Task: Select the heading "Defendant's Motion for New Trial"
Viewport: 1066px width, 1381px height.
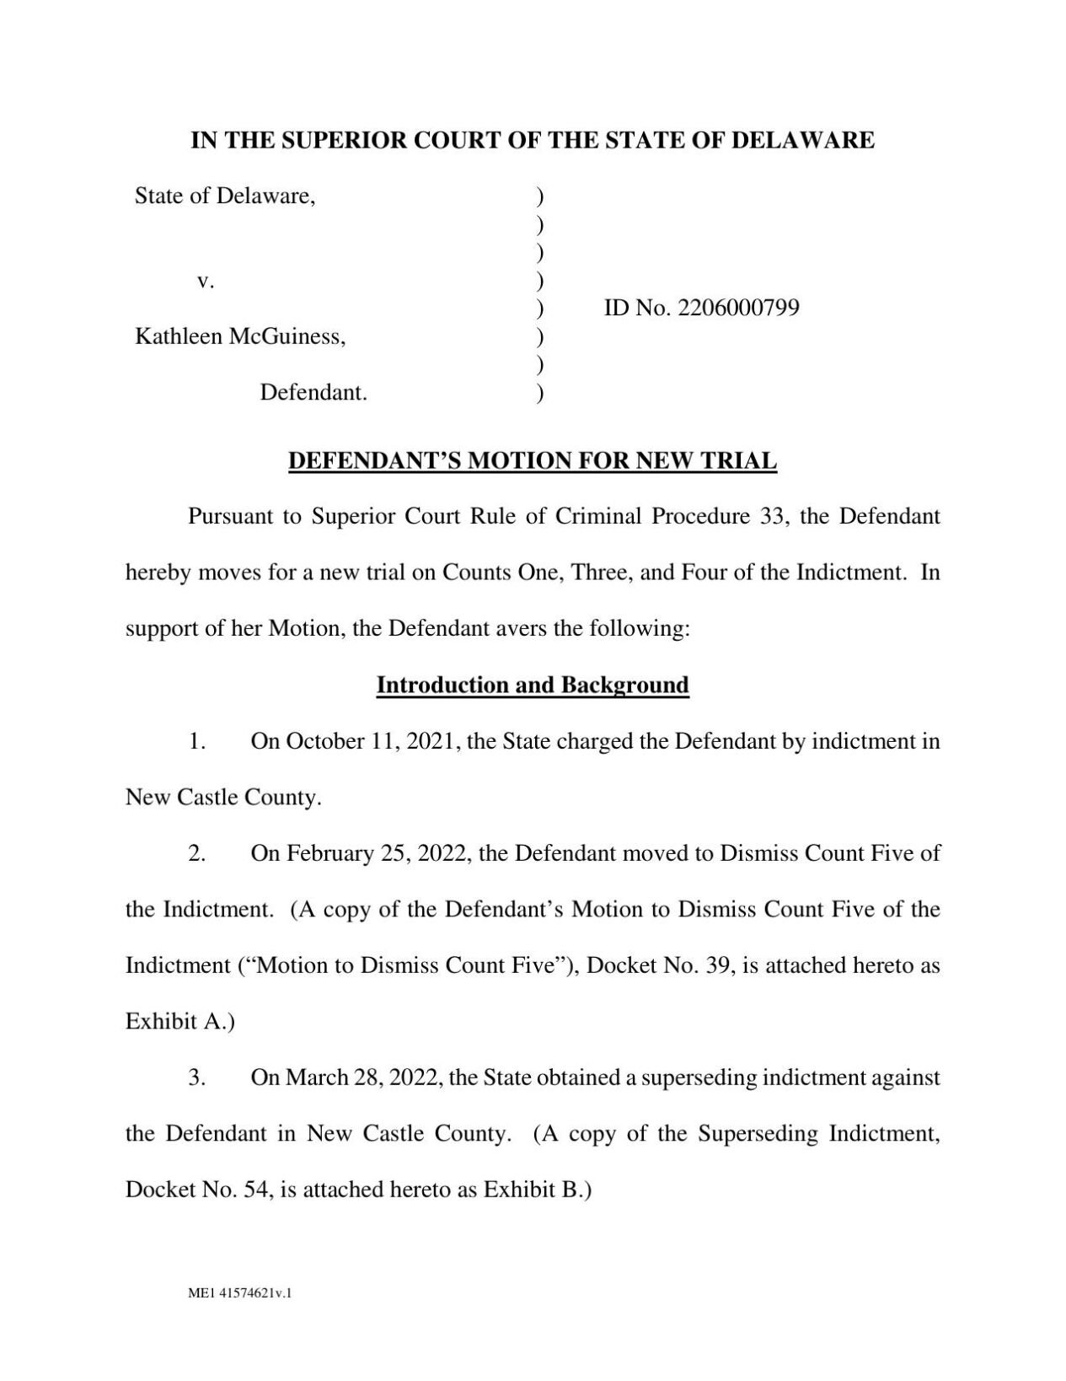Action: click(533, 461)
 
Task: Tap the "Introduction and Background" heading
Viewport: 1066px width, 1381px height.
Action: click(533, 685)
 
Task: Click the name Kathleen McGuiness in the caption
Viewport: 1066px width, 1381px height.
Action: click(240, 336)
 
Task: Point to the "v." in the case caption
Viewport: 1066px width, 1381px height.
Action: click(206, 281)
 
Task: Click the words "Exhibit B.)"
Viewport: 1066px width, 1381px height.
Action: click(538, 1190)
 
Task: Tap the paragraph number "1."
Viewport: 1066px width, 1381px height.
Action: click(197, 741)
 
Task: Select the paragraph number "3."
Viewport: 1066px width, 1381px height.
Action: click(197, 1077)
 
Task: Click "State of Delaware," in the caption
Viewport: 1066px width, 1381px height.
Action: click(225, 196)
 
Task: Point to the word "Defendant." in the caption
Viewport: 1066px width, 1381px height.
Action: click(313, 393)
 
